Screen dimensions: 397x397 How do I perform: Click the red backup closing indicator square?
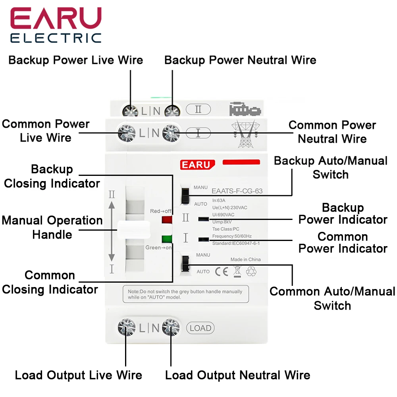(x=167, y=220)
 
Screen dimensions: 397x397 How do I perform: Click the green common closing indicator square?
(x=167, y=239)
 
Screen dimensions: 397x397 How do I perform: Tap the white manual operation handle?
(x=134, y=229)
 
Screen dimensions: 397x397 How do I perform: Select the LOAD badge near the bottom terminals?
(x=200, y=328)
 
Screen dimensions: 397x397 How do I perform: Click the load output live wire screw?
(x=127, y=328)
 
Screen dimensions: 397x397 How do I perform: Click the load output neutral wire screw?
(x=171, y=328)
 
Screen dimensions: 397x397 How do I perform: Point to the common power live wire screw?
(x=127, y=133)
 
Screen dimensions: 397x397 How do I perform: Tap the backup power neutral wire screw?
(x=172, y=111)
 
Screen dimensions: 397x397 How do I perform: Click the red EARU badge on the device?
(x=197, y=165)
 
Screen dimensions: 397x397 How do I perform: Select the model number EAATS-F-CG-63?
(x=237, y=191)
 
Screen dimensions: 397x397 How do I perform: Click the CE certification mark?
(x=222, y=272)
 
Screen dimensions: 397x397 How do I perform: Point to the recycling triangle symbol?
(x=251, y=272)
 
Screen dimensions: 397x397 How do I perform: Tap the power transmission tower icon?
(x=245, y=134)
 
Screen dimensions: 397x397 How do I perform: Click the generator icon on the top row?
(x=245, y=109)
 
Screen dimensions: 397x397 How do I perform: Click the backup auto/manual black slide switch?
(x=185, y=196)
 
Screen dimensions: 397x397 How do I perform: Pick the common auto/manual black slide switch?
(x=185, y=264)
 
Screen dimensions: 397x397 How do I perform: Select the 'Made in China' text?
(x=245, y=260)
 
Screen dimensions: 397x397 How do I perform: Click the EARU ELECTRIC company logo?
(x=56, y=25)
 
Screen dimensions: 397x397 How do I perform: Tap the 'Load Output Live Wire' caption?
(x=79, y=375)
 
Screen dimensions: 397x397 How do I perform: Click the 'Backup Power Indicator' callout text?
(x=343, y=214)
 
